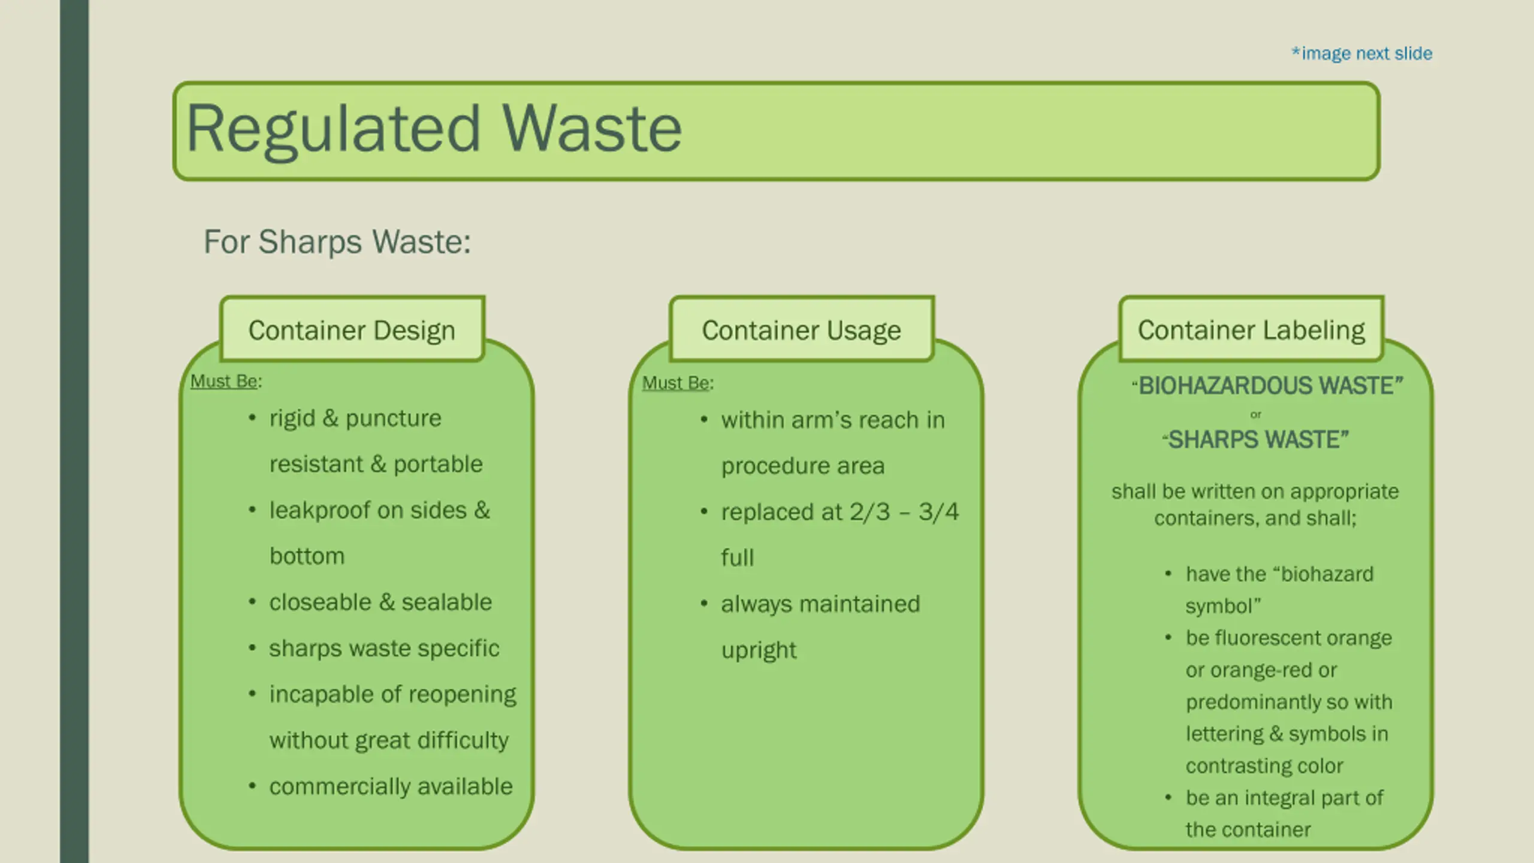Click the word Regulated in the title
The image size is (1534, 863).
click(x=333, y=129)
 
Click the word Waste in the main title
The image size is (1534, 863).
click(x=591, y=129)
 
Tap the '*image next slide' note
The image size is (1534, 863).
click(x=1361, y=54)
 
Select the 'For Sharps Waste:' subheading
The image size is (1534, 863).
click(x=337, y=242)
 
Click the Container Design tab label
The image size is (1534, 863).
click(x=352, y=330)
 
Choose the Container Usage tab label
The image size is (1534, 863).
click(x=801, y=330)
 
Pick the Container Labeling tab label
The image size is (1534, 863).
click(x=1251, y=330)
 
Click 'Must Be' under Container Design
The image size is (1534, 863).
click(x=224, y=381)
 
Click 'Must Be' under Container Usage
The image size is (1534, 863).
click(x=676, y=383)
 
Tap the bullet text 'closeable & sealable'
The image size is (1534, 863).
click(x=381, y=602)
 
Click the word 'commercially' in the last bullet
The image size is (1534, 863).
click(x=339, y=787)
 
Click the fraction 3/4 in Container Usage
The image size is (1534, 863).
click(x=938, y=512)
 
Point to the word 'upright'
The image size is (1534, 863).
click(x=759, y=651)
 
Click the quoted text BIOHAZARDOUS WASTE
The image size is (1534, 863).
click(x=1268, y=386)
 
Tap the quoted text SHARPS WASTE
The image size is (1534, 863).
click(x=1256, y=440)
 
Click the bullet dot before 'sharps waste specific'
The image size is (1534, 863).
click(x=252, y=648)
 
